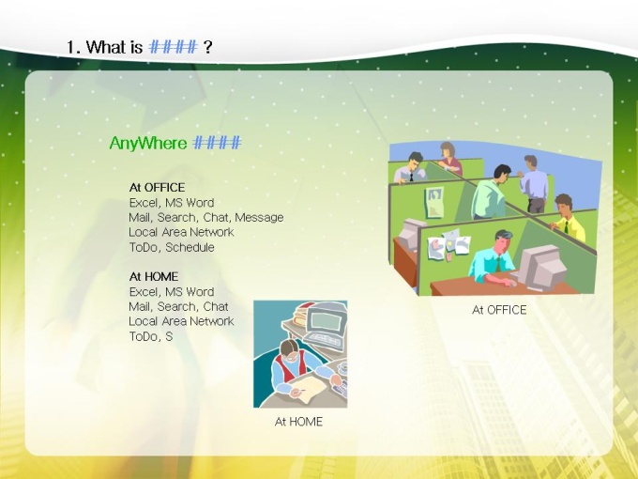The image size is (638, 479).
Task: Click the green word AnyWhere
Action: point(148,144)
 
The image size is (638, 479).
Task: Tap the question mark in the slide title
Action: point(207,47)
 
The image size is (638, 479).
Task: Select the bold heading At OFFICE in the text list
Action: point(157,187)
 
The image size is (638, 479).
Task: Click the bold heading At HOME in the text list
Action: point(154,276)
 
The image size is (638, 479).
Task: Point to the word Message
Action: point(259,218)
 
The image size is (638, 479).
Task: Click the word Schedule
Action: point(190,247)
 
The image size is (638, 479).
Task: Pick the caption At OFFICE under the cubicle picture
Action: point(499,310)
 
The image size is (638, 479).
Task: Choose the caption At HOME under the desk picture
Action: point(298,422)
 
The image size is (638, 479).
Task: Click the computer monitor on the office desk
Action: point(541,267)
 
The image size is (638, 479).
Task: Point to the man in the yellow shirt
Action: point(568,219)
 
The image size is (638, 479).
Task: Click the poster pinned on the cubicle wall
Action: point(434,203)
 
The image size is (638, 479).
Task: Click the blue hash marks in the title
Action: point(174,47)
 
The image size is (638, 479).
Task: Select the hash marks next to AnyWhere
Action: point(217,143)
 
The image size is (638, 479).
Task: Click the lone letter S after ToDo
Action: point(169,336)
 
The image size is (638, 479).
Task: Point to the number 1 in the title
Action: point(72,47)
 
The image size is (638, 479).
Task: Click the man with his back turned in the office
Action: point(534,184)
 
